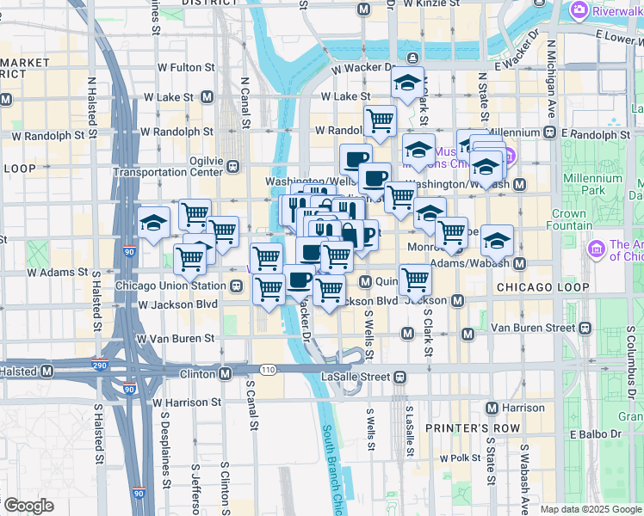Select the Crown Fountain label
[568, 219]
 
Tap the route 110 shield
[269, 370]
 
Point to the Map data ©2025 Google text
[591, 509]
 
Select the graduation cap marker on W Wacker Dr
[407, 83]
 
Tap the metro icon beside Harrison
[492, 407]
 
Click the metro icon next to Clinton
[225, 374]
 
